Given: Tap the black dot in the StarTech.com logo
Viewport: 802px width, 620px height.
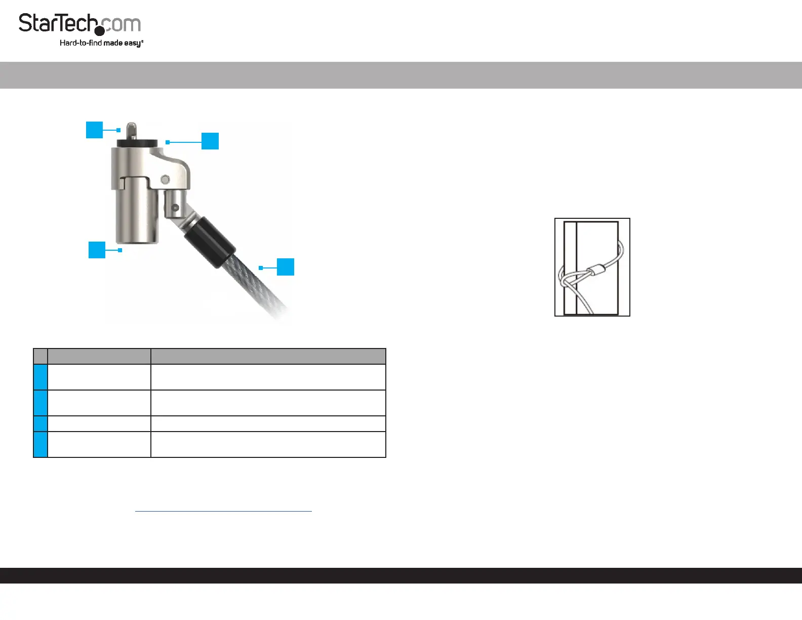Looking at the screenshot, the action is coord(100,31).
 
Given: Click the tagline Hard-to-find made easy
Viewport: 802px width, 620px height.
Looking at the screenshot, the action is coord(101,43).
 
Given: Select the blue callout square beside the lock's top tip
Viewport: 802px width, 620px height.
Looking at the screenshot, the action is coord(95,130).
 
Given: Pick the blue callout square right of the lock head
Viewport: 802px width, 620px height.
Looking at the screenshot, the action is coord(210,141).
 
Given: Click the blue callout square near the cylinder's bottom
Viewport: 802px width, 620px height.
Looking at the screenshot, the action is coord(97,250).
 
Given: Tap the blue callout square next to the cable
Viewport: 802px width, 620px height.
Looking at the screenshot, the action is coord(286,267).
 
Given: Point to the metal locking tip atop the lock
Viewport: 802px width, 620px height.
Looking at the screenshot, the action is coord(132,131).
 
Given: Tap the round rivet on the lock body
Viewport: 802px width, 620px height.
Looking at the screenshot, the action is coord(166,180).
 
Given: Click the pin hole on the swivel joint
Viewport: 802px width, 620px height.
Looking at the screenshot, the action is coord(175,208).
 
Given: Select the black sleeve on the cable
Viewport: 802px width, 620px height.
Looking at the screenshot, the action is coord(210,242).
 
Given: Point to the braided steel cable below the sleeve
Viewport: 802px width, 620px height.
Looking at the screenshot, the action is coord(255,284).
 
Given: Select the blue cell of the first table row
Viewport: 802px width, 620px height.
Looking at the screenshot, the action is coord(41,377).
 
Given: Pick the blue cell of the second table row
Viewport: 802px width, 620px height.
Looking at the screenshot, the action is coord(41,403).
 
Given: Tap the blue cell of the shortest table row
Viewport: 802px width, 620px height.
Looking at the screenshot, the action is coord(41,423).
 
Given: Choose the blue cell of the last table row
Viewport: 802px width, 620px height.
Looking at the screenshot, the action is coord(41,445).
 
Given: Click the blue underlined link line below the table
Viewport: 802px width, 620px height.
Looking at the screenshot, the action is coord(223,511).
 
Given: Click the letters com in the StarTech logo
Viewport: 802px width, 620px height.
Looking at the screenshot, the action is coord(122,24).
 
